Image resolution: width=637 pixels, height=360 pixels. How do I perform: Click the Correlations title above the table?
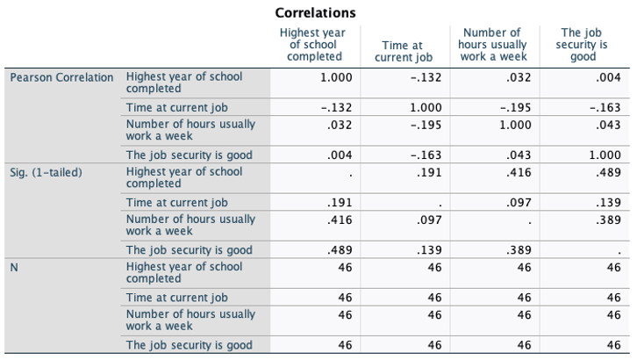click(x=315, y=13)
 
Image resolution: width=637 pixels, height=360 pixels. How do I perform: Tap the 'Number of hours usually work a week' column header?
click(x=495, y=45)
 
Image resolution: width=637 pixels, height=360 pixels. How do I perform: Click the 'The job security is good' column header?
click(x=583, y=45)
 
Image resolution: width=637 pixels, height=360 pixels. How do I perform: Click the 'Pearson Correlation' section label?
click(x=62, y=77)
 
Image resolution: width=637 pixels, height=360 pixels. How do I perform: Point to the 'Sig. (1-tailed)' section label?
click(x=46, y=172)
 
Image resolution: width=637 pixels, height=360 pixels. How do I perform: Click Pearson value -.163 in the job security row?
click(x=427, y=155)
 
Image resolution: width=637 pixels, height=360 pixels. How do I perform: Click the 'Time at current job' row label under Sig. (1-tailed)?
click(x=176, y=203)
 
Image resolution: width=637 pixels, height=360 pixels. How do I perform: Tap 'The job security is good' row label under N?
click(x=190, y=345)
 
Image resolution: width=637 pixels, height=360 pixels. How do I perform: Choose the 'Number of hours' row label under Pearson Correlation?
click(x=190, y=129)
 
